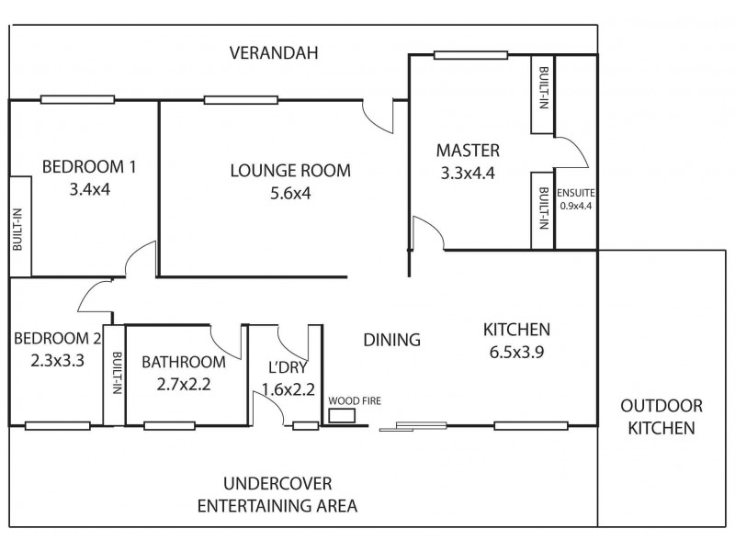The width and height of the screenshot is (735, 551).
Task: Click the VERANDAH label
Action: [x=274, y=52]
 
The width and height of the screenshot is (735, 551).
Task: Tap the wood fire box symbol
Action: [x=342, y=416]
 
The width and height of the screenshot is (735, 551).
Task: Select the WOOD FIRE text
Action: [x=355, y=400]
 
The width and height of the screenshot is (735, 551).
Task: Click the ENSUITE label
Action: [x=576, y=193]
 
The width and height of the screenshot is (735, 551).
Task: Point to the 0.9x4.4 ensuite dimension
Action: [x=576, y=205]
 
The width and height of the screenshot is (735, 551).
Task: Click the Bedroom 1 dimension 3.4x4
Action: [x=89, y=189]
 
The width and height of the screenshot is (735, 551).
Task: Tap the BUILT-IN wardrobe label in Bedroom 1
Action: [x=17, y=230]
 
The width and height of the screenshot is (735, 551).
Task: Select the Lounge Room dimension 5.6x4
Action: [x=290, y=193]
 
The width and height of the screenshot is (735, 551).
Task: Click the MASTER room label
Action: [x=468, y=151]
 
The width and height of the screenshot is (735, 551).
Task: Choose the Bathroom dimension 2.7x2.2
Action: [x=184, y=384]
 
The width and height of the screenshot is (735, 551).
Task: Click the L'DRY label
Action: [x=288, y=367]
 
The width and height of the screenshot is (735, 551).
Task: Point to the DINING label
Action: [x=392, y=340]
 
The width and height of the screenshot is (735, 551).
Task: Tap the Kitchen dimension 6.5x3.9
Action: [x=516, y=352]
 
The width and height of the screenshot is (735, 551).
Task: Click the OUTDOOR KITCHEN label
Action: [x=661, y=417]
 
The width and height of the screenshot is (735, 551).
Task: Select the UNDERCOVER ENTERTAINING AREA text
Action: [x=277, y=494]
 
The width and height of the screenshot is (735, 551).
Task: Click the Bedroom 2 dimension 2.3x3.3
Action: [x=57, y=360]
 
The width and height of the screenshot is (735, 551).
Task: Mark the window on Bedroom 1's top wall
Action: [x=77, y=99]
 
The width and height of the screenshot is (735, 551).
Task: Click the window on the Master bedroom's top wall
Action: [x=470, y=55]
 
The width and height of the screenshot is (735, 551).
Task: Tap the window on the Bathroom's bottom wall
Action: [x=169, y=426]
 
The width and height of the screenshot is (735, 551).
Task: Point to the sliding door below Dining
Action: [x=413, y=426]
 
